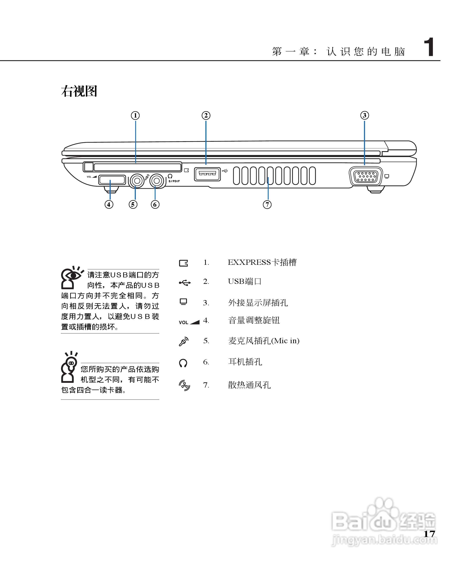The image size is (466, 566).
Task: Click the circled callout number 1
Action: pyautogui.click(x=135, y=116)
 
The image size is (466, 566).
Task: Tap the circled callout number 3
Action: pyautogui.click(x=364, y=115)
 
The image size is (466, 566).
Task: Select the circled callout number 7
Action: pyautogui.click(x=267, y=204)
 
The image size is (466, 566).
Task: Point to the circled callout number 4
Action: pyautogui.click(x=109, y=204)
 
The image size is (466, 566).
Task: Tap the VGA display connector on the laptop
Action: pyautogui.click(x=366, y=176)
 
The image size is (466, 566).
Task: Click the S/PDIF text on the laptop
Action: pyautogui.click(x=174, y=181)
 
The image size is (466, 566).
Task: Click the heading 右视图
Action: pyautogui.click(x=79, y=91)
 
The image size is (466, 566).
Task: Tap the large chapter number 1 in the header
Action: pyautogui.click(x=429, y=47)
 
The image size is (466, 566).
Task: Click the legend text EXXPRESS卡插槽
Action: pyautogui.click(x=262, y=262)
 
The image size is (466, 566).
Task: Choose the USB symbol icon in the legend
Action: pyautogui.click(x=185, y=283)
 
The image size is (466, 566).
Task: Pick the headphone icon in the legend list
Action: pyautogui.click(x=183, y=363)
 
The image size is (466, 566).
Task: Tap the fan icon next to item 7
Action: pyautogui.click(x=184, y=385)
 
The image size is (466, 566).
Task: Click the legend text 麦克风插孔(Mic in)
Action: pyautogui.click(x=264, y=341)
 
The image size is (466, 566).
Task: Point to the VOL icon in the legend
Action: pyautogui.click(x=189, y=322)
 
